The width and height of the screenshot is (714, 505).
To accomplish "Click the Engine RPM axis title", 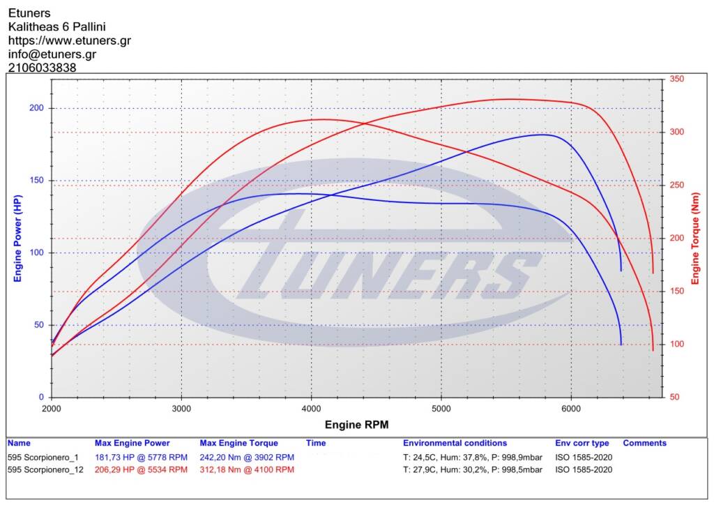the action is [x=356, y=425].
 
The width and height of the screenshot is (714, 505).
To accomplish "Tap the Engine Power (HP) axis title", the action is [x=17, y=239].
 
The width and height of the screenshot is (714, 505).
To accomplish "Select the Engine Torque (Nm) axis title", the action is [x=695, y=239].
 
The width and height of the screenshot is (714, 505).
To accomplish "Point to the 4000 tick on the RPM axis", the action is [x=312, y=409].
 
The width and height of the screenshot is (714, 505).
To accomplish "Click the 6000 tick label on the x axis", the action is [x=571, y=409].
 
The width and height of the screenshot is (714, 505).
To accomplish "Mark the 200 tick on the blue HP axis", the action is [x=36, y=108].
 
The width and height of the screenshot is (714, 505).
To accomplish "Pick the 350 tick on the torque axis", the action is [x=676, y=79].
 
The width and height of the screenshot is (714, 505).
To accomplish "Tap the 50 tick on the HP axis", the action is [x=39, y=324].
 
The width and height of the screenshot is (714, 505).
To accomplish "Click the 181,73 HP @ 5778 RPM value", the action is [x=141, y=457].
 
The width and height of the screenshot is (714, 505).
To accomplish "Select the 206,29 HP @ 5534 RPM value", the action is [x=141, y=469].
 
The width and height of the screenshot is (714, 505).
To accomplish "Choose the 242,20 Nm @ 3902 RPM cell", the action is [x=247, y=457].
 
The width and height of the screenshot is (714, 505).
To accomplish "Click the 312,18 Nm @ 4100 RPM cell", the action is [x=247, y=469].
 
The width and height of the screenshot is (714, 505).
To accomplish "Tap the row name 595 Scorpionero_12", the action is [x=45, y=469].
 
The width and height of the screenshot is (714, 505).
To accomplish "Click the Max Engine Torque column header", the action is [x=238, y=443].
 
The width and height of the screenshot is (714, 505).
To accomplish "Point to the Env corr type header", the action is [x=582, y=443].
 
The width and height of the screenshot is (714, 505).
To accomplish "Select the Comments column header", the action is [x=644, y=443].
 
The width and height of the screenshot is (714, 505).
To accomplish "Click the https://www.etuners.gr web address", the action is [x=70, y=40].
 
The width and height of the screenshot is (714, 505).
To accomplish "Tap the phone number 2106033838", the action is [x=43, y=68].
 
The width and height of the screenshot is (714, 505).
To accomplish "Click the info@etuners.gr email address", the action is [x=52, y=54].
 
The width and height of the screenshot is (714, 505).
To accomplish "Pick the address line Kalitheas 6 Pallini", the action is [x=57, y=27].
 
